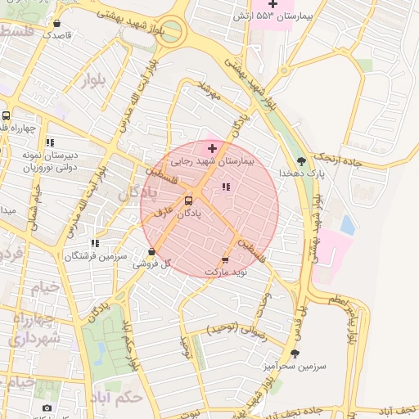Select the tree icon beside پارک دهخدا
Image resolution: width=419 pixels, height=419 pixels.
coord(301,161)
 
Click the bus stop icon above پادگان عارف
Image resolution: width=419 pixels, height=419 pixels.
coord(189,200)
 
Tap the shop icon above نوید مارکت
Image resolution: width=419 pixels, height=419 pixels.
coord(225,259)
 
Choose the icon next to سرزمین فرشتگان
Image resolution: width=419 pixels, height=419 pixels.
coord(96,243)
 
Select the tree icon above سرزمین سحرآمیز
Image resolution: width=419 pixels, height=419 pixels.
coord(295,354)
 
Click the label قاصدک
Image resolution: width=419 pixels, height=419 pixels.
coord(57,35)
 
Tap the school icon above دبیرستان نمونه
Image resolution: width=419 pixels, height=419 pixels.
coord(50,142)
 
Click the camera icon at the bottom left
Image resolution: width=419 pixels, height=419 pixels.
coord(47,408)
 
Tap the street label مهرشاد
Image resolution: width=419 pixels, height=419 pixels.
coord(209,91)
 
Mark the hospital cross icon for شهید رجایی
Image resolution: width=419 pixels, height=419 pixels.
coord(213,148)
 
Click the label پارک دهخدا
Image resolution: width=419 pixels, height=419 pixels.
coord(293,173)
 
